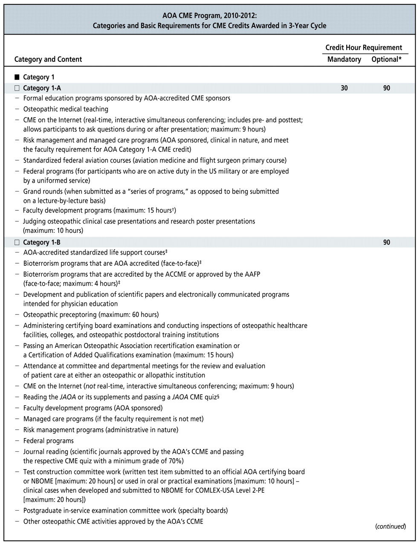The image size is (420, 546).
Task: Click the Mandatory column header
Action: click(344, 59)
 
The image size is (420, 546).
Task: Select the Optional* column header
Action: click(386, 59)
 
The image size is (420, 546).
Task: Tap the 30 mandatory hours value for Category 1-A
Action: click(344, 88)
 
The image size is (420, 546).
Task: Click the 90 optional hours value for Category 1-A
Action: click(386, 88)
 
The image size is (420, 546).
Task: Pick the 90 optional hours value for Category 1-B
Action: click(386, 242)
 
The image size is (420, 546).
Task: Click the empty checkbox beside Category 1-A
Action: click(17, 88)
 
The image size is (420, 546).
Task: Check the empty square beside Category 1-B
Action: click(17, 242)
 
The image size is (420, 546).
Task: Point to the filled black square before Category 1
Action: click(17, 77)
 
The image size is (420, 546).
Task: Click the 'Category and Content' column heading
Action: click(48, 59)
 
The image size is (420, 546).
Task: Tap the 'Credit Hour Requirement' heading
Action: click(364, 47)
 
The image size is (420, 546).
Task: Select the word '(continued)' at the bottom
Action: click(390, 526)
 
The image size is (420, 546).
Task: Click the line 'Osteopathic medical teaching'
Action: click(66, 109)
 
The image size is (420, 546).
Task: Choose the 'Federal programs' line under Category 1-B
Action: click(48, 441)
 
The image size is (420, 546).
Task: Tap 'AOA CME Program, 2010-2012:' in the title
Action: click(209, 16)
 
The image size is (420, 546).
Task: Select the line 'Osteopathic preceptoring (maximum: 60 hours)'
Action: click(91, 315)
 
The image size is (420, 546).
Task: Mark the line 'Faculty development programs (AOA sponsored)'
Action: click(93, 408)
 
